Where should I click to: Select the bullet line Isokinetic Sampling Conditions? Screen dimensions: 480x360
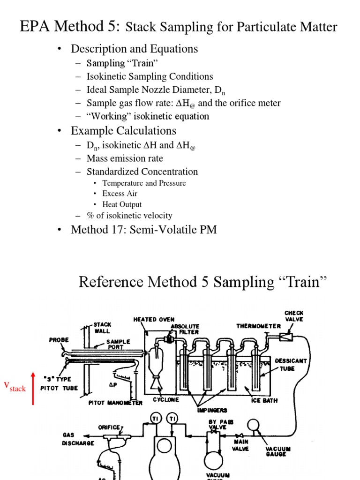point(150,76)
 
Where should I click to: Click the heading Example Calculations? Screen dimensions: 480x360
point(123,131)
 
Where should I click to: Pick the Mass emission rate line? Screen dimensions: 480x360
point(125,158)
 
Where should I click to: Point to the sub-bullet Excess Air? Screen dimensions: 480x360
point(120,194)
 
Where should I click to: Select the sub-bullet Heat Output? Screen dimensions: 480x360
point(122,204)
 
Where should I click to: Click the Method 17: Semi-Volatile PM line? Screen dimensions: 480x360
point(143,230)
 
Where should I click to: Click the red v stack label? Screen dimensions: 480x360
point(15,386)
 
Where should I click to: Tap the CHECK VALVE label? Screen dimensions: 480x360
point(294,316)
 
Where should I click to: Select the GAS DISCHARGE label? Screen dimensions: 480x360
point(78,439)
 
